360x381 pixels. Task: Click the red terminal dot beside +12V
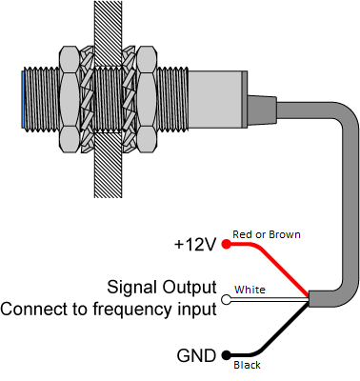(226, 244)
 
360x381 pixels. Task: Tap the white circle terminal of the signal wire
(226, 300)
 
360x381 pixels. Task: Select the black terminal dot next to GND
(226, 355)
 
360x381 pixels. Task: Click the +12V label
(195, 245)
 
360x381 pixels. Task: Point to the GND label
(196, 355)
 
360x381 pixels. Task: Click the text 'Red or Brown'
(267, 234)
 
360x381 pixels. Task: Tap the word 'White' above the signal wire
(250, 290)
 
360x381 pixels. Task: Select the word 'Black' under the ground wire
(247, 365)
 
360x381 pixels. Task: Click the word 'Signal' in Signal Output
(132, 288)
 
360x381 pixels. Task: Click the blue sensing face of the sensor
(23, 99)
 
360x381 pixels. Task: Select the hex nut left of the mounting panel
(69, 99)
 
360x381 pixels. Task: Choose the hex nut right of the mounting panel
(147, 99)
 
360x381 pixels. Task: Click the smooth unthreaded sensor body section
(217, 99)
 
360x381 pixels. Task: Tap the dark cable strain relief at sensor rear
(262, 110)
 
